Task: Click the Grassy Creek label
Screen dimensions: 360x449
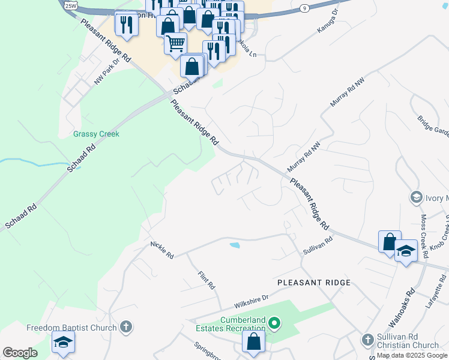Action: coord(96,134)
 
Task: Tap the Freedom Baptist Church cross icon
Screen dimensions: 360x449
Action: coord(125,327)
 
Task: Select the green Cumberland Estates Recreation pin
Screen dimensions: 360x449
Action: coord(274,324)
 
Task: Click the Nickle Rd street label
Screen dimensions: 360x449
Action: coord(162,250)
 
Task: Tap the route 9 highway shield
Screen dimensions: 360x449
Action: coord(305,8)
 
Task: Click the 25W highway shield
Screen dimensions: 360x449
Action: coord(71,5)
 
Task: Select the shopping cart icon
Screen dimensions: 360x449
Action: coord(175,43)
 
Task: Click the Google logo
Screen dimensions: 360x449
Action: coord(20,353)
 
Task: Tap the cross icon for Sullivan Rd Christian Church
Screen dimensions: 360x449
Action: coord(367,340)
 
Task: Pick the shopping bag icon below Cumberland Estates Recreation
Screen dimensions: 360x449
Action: coord(254,341)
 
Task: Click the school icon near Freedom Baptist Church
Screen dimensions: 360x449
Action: coord(62,343)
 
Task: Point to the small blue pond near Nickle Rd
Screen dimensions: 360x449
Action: coord(235,245)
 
